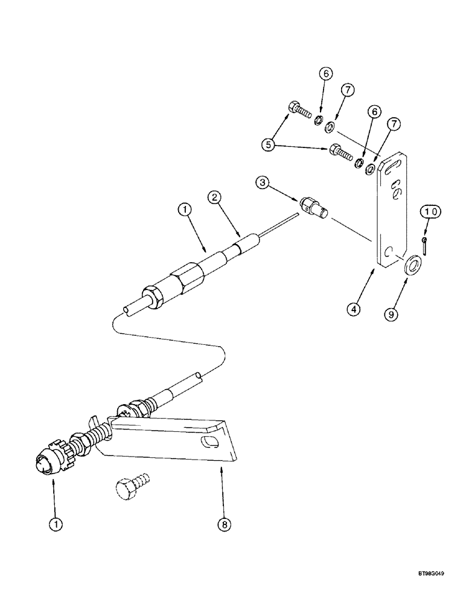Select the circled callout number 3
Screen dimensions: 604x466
pos(261,181)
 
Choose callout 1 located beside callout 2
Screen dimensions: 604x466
pos(184,210)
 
